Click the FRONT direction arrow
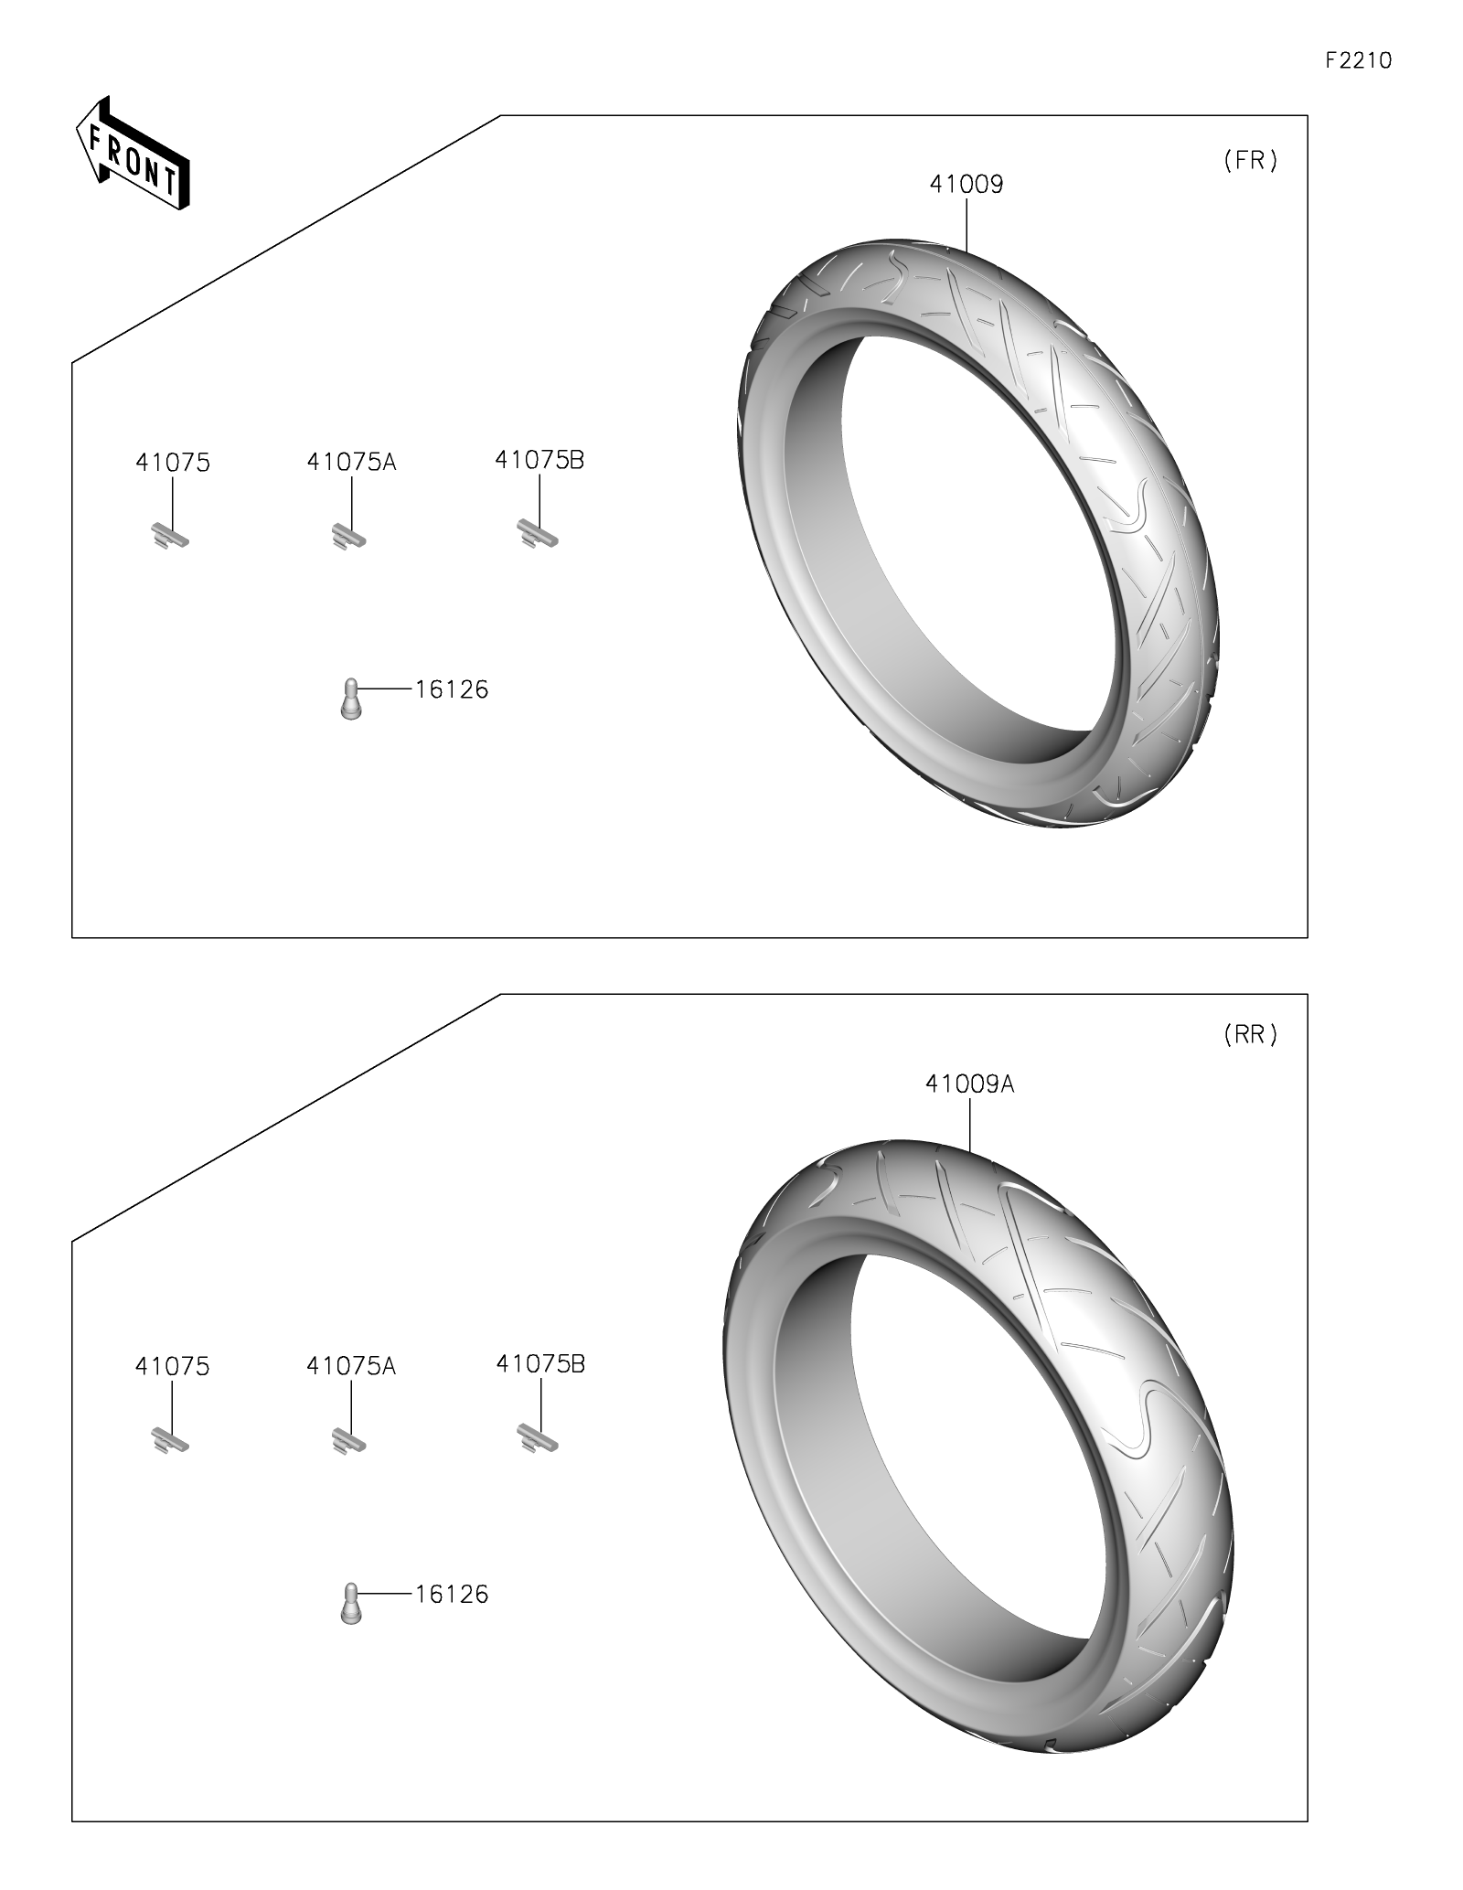132,155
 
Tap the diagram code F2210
1359,60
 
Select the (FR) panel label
1250,161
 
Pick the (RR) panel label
1250,1034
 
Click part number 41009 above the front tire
966,185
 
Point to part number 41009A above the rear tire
970,1084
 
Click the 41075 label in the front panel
173,463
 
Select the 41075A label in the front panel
352,462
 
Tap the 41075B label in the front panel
539,460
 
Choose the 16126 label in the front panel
452,689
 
